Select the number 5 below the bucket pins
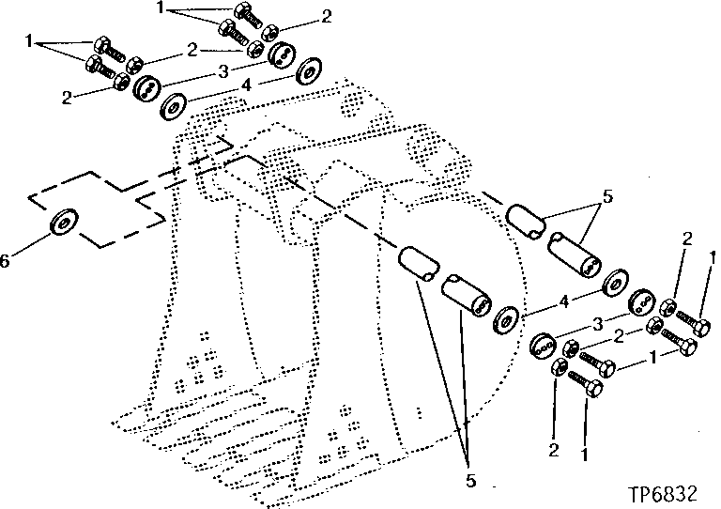pyautogui.click(x=470, y=481)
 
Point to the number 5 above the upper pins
pyautogui.click(x=607, y=198)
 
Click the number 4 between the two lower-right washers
pyautogui.click(x=563, y=301)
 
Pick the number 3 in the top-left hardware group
pyautogui.click(x=222, y=71)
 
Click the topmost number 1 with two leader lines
pyautogui.click(x=161, y=7)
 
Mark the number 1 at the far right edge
pyautogui.click(x=713, y=255)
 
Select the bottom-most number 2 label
pyautogui.click(x=554, y=452)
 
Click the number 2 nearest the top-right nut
pyautogui.click(x=326, y=16)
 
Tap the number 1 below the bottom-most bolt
pyautogui.click(x=587, y=457)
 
